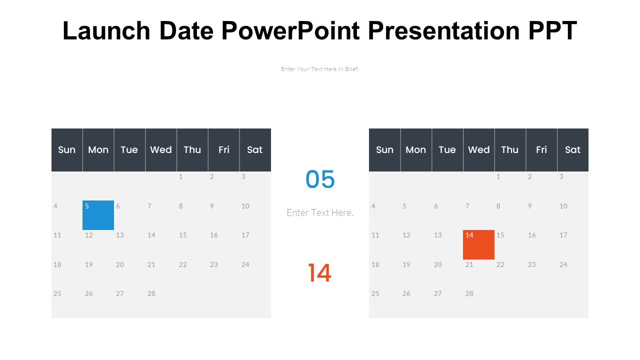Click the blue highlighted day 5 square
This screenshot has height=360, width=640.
(98, 215)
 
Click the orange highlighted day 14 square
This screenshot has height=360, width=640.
(478, 244)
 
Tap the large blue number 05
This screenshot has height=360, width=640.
(320, 179)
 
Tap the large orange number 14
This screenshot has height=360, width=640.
(319, 273)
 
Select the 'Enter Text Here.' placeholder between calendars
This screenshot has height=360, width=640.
(320, 212)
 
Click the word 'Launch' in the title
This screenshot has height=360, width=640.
(106, 31)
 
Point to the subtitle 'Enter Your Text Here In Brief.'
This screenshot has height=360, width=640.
(320, 69)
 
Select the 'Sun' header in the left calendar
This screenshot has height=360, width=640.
(66, 150)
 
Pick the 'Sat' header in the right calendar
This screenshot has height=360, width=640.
(572, 150)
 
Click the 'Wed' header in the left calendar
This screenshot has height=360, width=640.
(160, 150)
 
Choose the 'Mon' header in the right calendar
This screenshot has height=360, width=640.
(415, 150)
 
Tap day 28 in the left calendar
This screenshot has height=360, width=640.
(151, 293)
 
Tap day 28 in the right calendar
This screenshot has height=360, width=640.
(469, 293)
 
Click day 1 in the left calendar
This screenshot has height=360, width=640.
(181, 176)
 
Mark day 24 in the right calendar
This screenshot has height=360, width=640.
(563, 264)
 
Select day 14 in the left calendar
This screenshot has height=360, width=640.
(151, 235)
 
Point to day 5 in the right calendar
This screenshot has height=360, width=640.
(404, 206)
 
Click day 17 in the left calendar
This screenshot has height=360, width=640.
(245, 235)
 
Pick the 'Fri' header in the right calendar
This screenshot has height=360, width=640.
(541, 150)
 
